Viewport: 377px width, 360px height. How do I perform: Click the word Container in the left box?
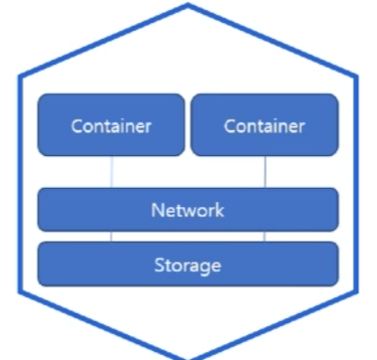point(111,126)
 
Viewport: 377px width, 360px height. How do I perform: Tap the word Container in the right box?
point(265,126)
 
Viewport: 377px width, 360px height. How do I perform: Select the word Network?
point(188,210)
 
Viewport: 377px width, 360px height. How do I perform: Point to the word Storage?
point(188,266)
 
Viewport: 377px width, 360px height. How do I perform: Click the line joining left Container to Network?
point(111,172)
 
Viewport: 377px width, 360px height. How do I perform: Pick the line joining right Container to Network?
point(265,172)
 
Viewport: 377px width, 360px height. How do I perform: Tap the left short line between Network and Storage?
point(111,237)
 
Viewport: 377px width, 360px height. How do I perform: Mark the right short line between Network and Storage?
point(265,237)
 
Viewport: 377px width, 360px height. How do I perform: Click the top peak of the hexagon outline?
point(188,4)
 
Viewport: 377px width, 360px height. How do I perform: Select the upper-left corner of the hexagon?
point(20,77)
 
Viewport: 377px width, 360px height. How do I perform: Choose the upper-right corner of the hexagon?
point(357,77)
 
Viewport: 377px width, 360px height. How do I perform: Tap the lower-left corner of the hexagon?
point(20,291)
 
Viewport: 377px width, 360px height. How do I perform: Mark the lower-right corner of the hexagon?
point(357,291)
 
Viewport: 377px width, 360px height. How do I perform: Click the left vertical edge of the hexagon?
point(20,184)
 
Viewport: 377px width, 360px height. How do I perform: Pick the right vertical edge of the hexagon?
point(357,184)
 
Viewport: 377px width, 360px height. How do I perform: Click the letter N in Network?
point(157,210)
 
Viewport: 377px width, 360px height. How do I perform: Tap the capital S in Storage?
point(159,265)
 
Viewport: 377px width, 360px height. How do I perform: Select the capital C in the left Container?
point(78,126)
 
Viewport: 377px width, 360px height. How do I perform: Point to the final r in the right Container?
point(301,128)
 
